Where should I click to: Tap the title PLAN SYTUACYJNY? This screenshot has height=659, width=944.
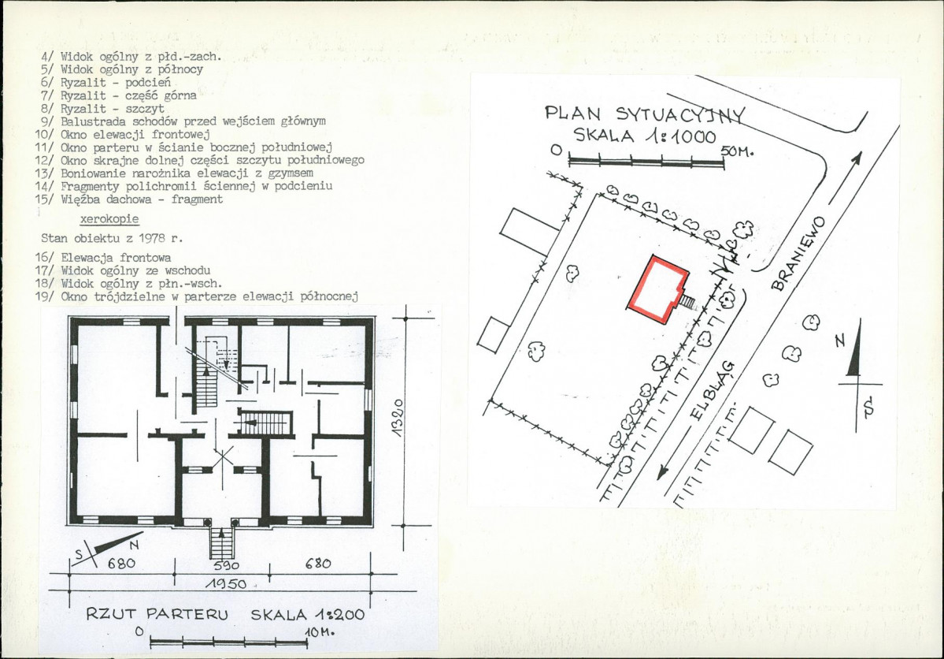coord(645,114)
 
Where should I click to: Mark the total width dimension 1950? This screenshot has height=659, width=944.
coord(226,584)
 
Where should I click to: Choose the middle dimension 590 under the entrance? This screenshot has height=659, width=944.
coord(227,565)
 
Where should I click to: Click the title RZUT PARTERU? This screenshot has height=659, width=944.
coord(157,614)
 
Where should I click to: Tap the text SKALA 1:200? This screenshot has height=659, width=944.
coord(307,614)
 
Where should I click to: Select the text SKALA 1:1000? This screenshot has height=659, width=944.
coord(645,136)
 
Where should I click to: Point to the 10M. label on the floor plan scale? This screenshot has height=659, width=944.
coord(319,632)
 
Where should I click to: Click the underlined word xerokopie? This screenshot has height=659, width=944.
coord(109,219)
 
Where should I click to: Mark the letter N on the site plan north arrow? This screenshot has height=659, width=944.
coord(840,341)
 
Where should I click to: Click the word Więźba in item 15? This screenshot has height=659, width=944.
coord(80,199)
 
